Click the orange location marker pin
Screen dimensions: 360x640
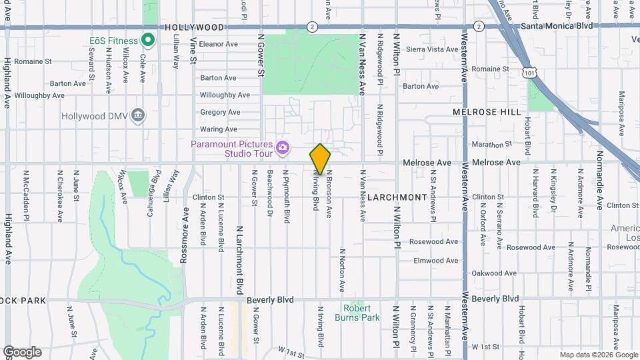click(320, 159)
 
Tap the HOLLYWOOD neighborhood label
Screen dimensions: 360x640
click(194, 27)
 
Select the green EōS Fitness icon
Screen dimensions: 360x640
click(148, 41)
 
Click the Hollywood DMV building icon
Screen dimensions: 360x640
click(138, 115)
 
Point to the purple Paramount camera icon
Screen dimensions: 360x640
click(283, 147)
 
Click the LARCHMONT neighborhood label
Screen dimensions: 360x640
click(396, 197)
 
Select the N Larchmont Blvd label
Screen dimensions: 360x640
click(239, 259)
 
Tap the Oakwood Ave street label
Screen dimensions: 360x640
click(495, 273)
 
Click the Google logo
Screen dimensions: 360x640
click(22, 351)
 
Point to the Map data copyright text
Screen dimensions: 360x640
click(597, 355)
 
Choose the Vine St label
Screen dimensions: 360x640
click(193, 50)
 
